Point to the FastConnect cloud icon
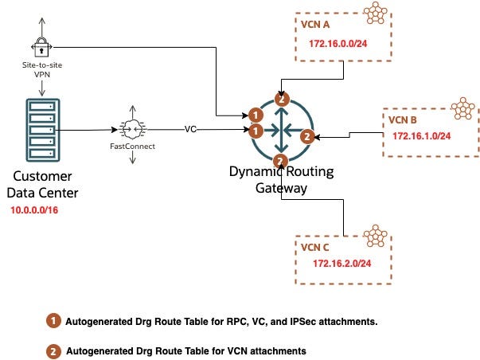[131, 128]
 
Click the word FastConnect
[131, 147]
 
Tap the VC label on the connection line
[190, 128]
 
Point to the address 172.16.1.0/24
[421, 136]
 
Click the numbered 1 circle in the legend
[53, 321]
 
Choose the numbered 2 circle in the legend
[53, 350]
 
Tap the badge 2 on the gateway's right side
[307, 136]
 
